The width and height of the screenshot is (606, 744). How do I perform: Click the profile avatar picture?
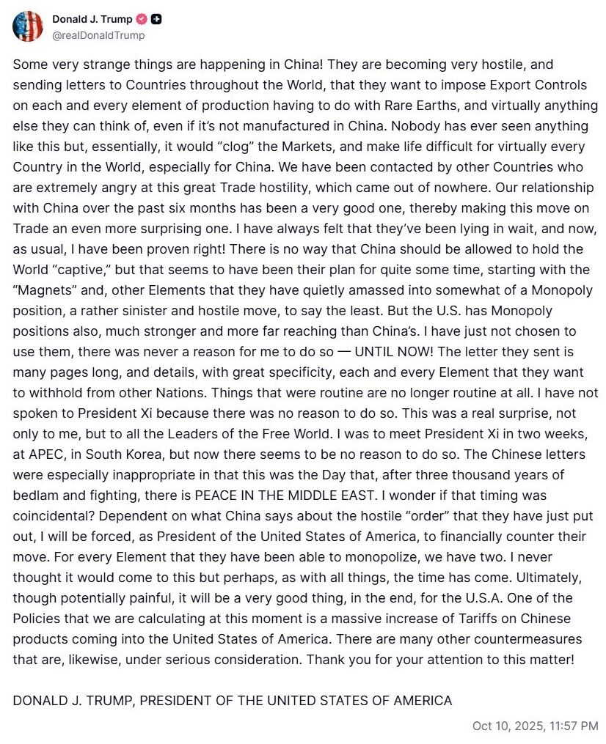click(28, 26)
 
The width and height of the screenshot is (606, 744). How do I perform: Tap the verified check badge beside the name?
click(142, 19)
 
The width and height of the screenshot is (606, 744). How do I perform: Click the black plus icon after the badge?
click(156, 19)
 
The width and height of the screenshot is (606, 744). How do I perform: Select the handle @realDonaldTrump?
click(98, 35)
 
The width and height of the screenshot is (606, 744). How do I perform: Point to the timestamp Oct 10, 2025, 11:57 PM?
click(536, 726)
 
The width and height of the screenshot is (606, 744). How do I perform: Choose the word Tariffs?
click(439, 619)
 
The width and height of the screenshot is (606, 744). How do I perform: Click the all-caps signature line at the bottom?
click(233, 700)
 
